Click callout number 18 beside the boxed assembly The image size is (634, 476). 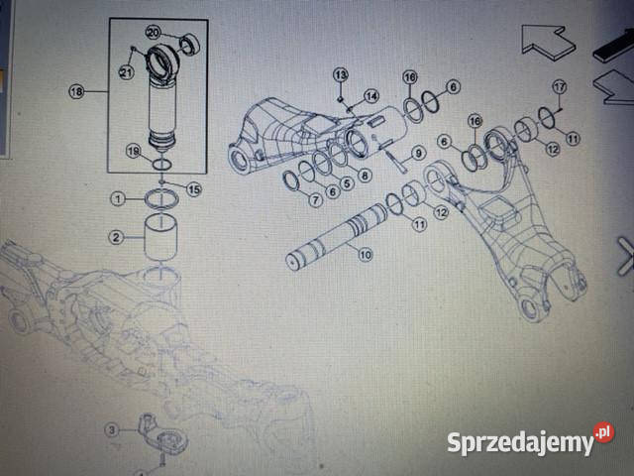[x=77, y=91]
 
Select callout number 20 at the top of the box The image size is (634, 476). [x=154, y=33]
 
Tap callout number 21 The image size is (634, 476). [x=126, y=72]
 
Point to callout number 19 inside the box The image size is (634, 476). [x=133, y=152]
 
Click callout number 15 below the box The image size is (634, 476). [x=194, y=189]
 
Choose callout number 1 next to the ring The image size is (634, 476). [x=118, y=198]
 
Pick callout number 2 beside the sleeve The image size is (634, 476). [x=117, y=237]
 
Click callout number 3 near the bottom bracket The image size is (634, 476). [x=112, y=429]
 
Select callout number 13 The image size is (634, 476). [x=341, y=75]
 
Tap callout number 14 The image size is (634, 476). [x=371, y=96]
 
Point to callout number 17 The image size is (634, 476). [x=560, y=87]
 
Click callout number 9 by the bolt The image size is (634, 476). [x=418, y=153]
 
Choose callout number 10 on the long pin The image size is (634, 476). [x=366, y=255]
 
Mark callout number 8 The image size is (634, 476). [x=365, y=176]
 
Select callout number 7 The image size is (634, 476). [x=315, y=199]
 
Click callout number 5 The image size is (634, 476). [x=347, y=183]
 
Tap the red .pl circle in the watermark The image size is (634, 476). [x=604, y=432]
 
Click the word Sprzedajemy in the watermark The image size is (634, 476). [x=521, y=443]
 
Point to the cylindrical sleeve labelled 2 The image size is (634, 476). [x=160, y=238]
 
